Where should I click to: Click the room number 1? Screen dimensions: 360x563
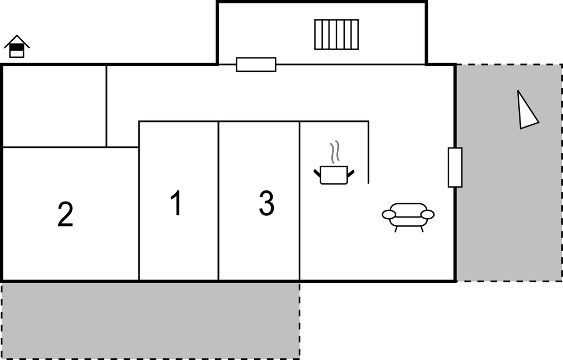pos(176,203)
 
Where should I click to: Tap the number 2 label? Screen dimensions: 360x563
pos(65,215)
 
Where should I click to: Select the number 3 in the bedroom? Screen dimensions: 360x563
pos(266,203)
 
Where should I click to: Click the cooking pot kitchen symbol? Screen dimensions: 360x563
pos(333,174)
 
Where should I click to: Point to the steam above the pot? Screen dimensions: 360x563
pos(334,152)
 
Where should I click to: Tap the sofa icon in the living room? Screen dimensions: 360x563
pos(408,216)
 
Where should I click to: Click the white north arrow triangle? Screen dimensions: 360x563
pos(526,112)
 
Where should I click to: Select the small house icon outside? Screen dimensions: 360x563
pos(17,47)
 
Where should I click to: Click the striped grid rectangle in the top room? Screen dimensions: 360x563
pos(336,34)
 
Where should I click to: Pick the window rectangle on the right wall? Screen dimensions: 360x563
pos(455,167)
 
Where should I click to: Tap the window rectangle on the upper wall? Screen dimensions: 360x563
pos(256,65)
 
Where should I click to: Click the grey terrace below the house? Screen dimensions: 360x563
pos(150,320)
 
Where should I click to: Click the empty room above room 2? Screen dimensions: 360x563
pos(54,106)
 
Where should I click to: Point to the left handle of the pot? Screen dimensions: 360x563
pos(317,174)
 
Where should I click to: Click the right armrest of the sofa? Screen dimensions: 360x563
pos(428,214)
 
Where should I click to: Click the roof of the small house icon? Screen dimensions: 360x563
pos(17,41)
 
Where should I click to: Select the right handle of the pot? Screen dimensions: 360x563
pos(350,174)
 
